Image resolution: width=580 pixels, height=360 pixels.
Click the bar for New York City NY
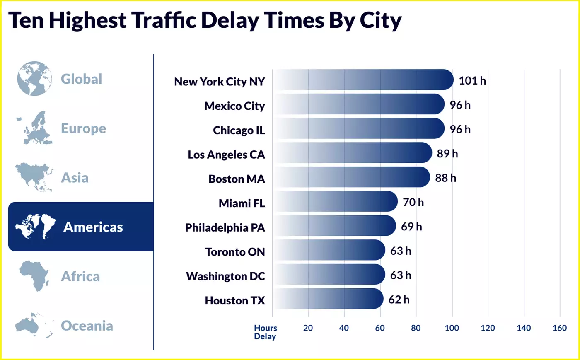pyautogui.click(x=363, y=80)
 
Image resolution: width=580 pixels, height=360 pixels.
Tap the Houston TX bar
pyautogui.click(x=328, y=299)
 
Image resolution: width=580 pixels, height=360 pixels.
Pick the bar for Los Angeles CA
pyautogui.click(x=352, y=153)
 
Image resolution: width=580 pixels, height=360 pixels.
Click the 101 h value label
pyautogui.click(x=472, y=80)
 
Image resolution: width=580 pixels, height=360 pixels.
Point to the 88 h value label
pyautogui.click(x=445, y=178)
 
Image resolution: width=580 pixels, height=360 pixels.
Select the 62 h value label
pyautogui.click(x=399, y=300)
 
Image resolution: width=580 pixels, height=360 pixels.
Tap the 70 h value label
pyautogui.click(x=413, y=202)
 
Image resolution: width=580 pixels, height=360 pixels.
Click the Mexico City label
pyautogui.click(x=234, y=106)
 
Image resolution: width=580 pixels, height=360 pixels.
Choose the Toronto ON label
pyautogui.click(x=235, y=252)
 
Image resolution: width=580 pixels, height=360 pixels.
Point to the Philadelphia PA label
pyautogui.click(x=225, y=227)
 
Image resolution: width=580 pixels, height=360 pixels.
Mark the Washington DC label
pyautogui.click(x=225, y=276)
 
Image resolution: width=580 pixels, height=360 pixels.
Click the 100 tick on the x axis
pyautogui.click(x=452, y=328)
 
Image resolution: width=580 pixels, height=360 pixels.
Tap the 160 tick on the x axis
pyautogui.click(x=559, y=328)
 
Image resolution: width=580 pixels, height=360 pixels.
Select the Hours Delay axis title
pyautogui.click(x=265, y=332)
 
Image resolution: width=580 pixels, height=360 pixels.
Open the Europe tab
pyautogui.click(x=83, y=128)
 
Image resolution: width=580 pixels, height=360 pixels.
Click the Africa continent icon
pyautogui.click(x=34, y=276)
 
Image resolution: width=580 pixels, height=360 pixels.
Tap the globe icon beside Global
pyautogui.click(x=35, y=79)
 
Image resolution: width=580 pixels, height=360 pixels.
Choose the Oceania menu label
pyautogui.click(x=87, y=326)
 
